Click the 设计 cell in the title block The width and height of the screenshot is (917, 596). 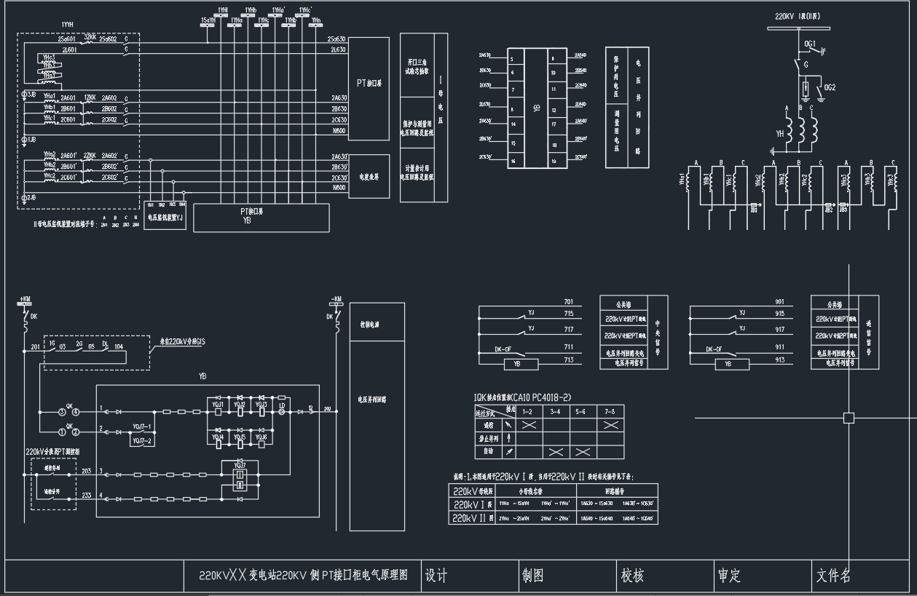[x=436, y=576]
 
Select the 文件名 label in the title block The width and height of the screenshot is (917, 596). [x=833, y=576]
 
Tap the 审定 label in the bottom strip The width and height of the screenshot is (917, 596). [x=728, y=576]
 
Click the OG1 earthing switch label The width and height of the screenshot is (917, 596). [x=809, y=44]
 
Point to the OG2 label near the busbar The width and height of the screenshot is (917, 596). [x=830, y=87]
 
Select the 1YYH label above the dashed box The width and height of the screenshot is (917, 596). [x=68, y=25]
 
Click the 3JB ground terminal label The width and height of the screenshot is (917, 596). [x=30, y=95]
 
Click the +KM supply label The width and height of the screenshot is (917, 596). [x=25, y=299]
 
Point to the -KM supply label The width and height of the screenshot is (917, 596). [x=336, y=299]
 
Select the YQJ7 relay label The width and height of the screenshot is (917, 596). [x=240, y=464]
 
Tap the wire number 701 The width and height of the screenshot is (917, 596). [x=568, y=301]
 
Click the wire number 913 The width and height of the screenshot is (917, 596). [x=779, y=359]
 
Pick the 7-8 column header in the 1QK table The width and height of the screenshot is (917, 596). [x=610, y=411]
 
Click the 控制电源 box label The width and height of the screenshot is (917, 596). [x=371, y=324]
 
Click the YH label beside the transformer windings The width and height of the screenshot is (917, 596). [x=780, y=133]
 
